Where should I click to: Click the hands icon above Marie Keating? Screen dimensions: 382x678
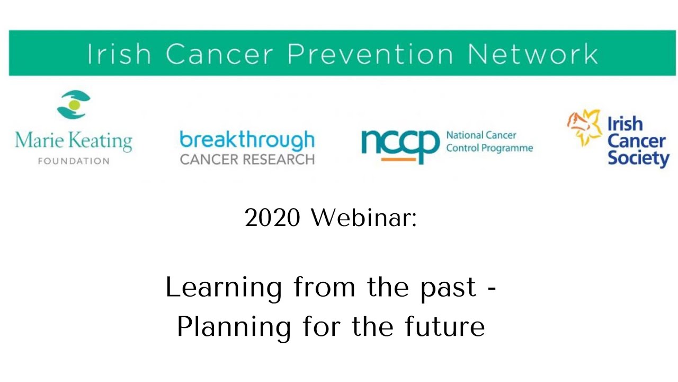tap(74, 105)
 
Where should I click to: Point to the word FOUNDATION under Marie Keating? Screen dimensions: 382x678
tap(74, 161)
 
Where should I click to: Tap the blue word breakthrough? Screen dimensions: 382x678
tap(247, 141)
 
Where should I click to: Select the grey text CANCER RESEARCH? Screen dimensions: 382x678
tap(247, 159)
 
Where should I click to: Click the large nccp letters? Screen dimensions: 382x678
tap(400, 143)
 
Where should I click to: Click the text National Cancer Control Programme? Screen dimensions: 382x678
tap(489, 142)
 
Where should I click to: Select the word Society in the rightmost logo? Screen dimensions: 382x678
tap(638, 159)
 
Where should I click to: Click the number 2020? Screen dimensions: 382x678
tap(272, 218)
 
